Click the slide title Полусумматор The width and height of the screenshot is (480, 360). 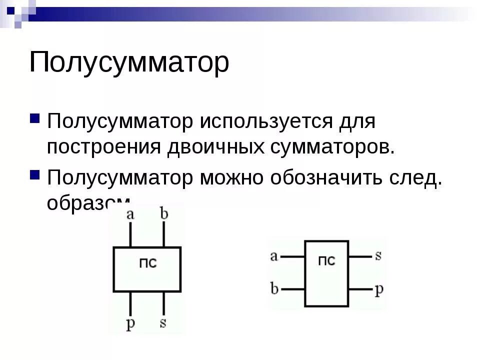pos(129,62)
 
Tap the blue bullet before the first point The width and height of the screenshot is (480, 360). pos(35,118)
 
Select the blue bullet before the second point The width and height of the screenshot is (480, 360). pos(35,174)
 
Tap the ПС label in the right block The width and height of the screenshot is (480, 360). pos(326,260)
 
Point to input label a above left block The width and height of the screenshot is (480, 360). pos(130,214)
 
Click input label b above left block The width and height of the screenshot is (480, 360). pos(164,213)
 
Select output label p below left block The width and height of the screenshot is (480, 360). pos(130,323)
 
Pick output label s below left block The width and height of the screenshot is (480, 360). pos(163,322)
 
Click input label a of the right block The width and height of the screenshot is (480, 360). pos(273,256)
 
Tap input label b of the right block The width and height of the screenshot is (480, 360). pos(274,288)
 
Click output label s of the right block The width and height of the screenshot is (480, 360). pos(378,256)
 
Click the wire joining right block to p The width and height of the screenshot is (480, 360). pos(360,289)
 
